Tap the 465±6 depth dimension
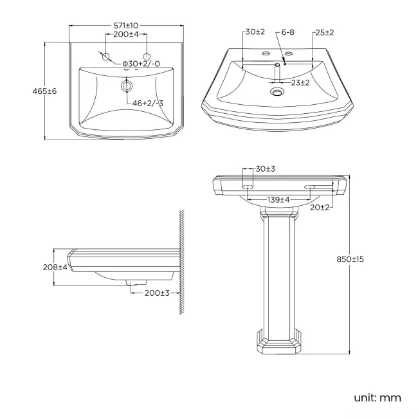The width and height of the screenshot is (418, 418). (x=45, y=91)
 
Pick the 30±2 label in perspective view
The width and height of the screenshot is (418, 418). (x=254, y=32)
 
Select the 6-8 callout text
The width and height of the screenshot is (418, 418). (x=287, y=32)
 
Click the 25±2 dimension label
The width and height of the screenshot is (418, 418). (x=324, y=32)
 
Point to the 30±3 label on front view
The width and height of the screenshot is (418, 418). (x=264, y=168)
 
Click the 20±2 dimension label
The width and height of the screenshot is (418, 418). (x=319, y=207)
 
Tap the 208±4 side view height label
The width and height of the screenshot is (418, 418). (x=55, y=267)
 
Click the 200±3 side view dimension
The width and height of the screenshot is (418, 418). (x=156, y=293)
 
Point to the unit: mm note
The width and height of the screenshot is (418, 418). (x=377, y=397)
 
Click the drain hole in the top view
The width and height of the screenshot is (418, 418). (x=127, y=86)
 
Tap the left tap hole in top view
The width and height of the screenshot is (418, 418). (x=105, y=57)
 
